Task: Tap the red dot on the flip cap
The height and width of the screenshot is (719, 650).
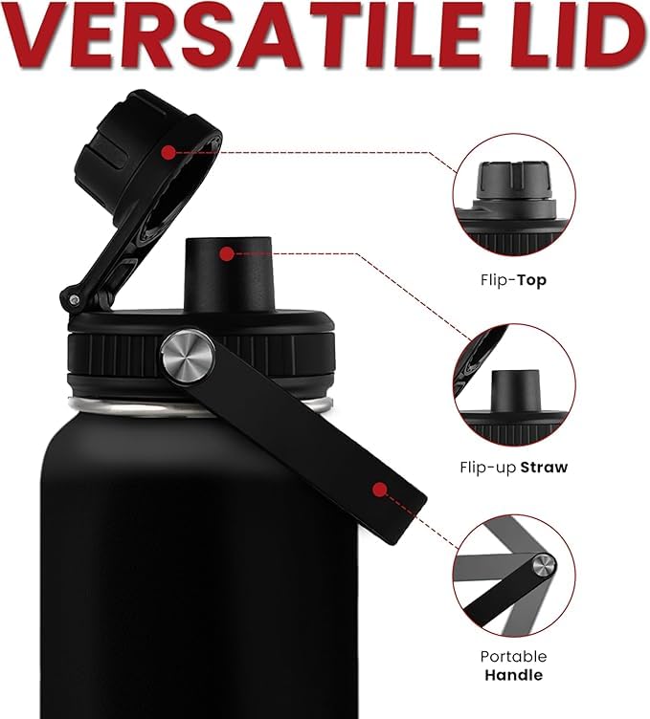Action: point(168,152)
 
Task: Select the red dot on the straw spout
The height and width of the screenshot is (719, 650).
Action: point(227,253)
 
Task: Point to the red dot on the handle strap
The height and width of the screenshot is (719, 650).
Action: point(380,490)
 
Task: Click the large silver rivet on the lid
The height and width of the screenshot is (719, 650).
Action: point(188,355)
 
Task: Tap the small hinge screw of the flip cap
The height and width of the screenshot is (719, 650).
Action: point(75,300)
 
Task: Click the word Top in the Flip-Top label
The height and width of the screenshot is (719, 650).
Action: point(531,280)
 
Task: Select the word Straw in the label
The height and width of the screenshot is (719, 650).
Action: point(545,468)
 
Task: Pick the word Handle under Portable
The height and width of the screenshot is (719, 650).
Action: point(514,675)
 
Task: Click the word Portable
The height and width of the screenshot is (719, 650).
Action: point(514,656)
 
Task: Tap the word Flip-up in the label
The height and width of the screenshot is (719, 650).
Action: point(488,468)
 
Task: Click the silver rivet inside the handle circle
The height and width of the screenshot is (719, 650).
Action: point(544,565)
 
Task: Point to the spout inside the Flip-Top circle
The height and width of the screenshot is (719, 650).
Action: point(513,181)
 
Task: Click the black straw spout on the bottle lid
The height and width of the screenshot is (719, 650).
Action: point(228,274)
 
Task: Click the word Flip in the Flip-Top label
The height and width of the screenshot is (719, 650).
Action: point(494,280)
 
